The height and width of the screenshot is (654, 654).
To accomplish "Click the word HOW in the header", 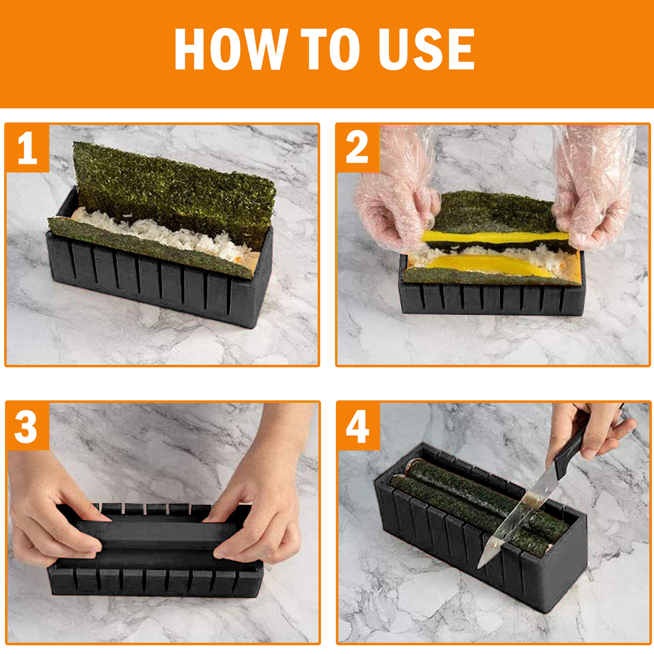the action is [231, 49].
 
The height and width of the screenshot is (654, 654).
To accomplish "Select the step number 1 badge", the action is [27, 148].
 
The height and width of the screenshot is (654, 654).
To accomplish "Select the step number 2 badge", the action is [358, 148].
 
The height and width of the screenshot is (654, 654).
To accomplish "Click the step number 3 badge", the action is [27, 426].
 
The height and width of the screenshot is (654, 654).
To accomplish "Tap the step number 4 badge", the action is [358, 426].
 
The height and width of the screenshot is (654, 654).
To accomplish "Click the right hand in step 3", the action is [262, 503].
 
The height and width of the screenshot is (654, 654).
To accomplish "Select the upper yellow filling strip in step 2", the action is [495, 237].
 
